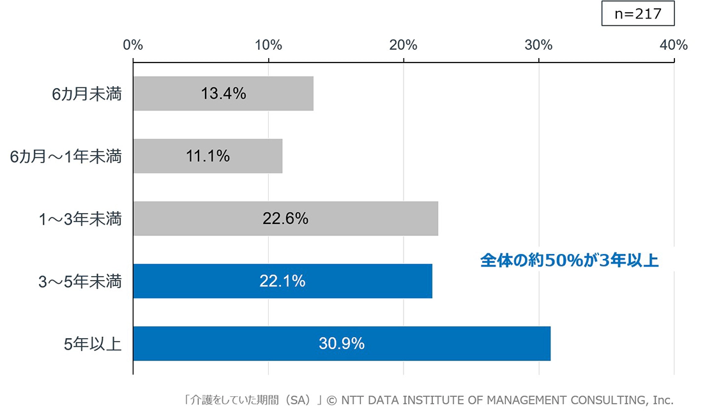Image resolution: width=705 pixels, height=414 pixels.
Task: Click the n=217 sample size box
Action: click(637, 13)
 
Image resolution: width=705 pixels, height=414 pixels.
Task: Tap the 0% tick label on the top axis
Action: click(133, 45)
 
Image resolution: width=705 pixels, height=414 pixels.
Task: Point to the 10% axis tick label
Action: click(268, 45)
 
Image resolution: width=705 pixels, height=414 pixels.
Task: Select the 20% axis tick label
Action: click(404, 45)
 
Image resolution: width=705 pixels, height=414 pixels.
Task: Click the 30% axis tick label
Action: click(538, 45)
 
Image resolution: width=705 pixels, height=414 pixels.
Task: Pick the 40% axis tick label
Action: click(674, 45)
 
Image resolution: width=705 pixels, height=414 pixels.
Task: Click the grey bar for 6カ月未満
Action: click(224, 93)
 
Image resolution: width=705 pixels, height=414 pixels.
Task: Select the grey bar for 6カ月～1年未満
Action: click(208, 156)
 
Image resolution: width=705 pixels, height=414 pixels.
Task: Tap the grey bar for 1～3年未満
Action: click(285, 218)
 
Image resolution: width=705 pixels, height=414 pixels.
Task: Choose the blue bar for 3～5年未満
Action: click(283, 281)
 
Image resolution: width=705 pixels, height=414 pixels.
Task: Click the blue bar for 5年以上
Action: click(342, 343)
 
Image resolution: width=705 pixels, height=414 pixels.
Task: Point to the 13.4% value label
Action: click(224, 93)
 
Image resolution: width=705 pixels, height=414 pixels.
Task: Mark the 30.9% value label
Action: click(342, 343)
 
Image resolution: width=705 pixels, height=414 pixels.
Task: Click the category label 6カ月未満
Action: click(87, 94)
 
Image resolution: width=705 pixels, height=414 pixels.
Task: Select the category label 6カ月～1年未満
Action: click(66, 156)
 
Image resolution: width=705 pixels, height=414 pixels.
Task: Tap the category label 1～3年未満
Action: click(80, 219)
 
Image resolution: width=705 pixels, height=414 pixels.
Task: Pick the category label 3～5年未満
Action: click(80, 281)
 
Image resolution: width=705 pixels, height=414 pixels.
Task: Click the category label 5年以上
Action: click(93, 344)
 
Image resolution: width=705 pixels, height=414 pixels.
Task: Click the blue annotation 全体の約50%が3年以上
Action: click(569, 260)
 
